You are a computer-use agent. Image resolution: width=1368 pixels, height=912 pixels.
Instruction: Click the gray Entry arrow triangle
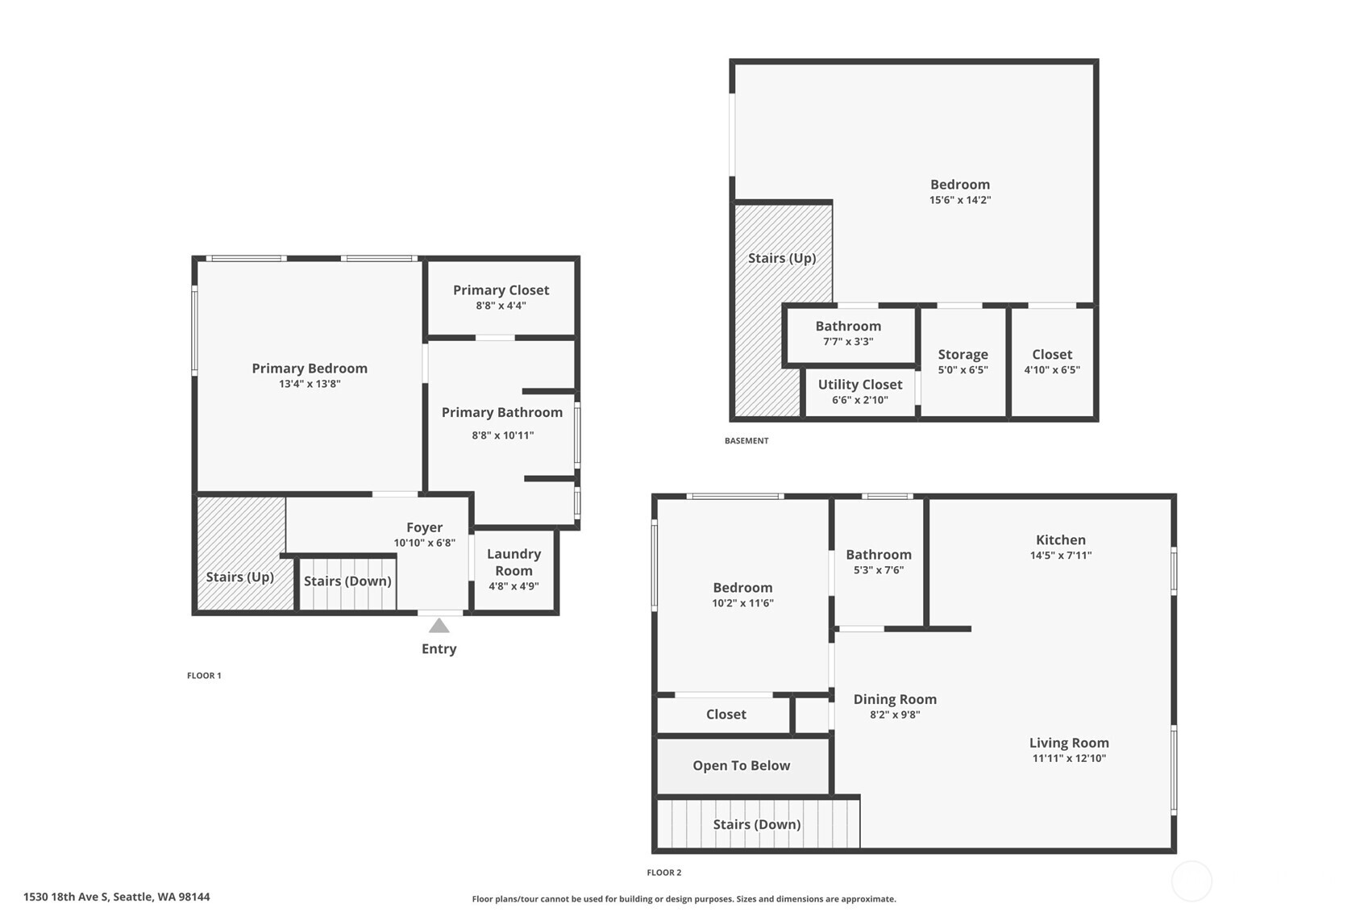click(x=439, y=626)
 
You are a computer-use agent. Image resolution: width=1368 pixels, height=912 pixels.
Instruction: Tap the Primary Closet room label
click(x=501, y=290)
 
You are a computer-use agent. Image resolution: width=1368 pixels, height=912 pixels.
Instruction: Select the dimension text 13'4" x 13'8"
click(x=310, y=384)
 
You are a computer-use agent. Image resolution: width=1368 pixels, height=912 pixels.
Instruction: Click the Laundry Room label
click(x=514, y=562)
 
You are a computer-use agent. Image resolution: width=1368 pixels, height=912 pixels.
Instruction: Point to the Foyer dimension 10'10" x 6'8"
click(x=424, y=543)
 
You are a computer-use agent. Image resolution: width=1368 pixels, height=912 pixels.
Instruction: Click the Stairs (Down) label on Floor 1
click(x=347, y=581)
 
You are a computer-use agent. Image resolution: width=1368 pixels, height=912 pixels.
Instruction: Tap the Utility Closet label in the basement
click(x=860, y=385)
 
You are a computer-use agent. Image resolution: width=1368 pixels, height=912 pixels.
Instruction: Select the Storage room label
click(x=963, y=355)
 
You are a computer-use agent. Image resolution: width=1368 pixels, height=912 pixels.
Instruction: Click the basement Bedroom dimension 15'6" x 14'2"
click(x=959, y=200)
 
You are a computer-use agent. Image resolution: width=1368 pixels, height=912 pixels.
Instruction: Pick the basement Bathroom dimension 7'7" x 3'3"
click(x=848, y=341)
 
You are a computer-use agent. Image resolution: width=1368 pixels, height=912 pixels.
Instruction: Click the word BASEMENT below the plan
click(x=746, y=441)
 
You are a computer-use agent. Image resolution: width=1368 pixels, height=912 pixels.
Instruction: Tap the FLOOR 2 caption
click(x=663, y=872)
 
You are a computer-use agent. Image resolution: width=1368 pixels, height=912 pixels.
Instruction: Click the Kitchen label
click(x=1060, y=540)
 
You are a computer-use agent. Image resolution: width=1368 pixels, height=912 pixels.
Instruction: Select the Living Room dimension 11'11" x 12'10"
click(x=1069, y=758)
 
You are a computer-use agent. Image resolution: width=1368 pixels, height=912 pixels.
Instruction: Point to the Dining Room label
click(x=895, y=700)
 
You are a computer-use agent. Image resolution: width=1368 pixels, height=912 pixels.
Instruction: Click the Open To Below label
click(x=741, y=766)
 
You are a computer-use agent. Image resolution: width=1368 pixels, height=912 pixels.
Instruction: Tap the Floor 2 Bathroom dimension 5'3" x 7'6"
click(x=879, y=570)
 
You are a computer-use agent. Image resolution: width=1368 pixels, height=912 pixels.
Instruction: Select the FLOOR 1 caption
click(x=204, y=676)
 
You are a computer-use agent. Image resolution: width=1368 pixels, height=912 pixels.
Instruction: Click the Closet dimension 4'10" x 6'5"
click(x=1052, y=370)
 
